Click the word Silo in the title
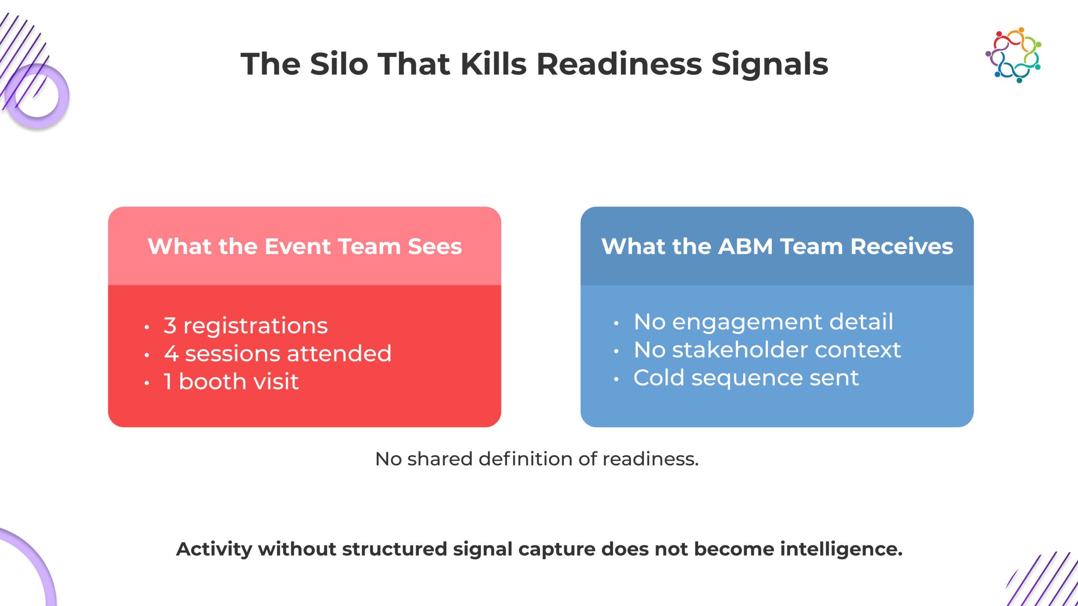(339, 64)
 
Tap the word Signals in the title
(769, 64)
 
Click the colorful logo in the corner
(1013, 55)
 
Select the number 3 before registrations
(170, 325)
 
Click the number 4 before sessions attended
(171, 353)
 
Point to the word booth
(213, 381)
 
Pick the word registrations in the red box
(256, 326)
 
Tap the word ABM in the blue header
(745, 246)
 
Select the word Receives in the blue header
(902, 246)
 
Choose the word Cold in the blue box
(659, 377)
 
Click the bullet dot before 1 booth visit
(147, 383)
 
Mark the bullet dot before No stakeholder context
(616, 351)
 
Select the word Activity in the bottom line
(214, 549)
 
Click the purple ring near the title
(37, 96)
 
